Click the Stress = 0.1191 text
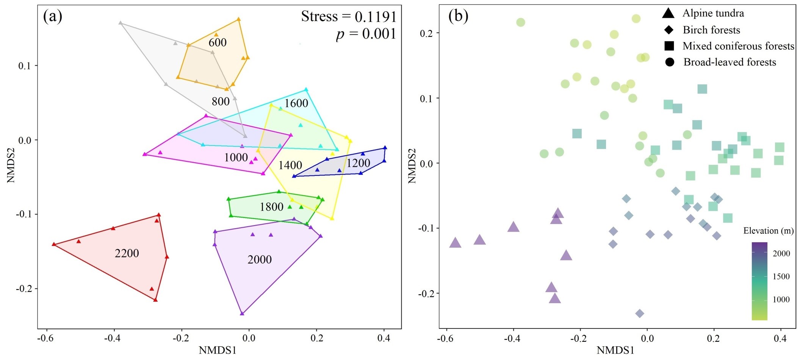point(349,17)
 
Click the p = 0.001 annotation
point(366,34)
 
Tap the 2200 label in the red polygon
point(127,253)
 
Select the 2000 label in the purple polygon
point(259,260)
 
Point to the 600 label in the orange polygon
point(218,42)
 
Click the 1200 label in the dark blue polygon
point(358,163)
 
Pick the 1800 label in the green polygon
point(271,207)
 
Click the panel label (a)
point(53,16)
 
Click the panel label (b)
point(458,16)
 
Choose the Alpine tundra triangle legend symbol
point(669,14)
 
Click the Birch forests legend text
point(711,30)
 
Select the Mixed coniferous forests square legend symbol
point(669,46)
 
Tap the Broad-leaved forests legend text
point(730,62)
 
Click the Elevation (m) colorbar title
point(768,231)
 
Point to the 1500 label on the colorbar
point(781,277)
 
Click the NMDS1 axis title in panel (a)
point(218,350)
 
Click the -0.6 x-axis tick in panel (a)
point(47,338)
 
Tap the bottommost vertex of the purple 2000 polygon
point(242,313)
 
